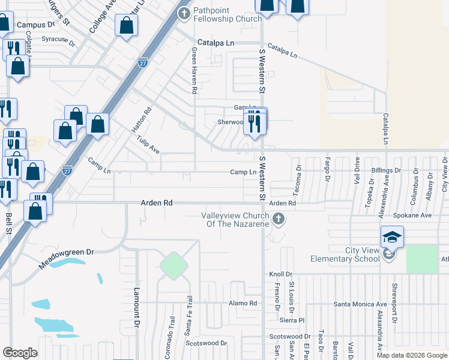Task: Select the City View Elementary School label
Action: pos(344,254)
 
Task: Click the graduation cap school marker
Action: pos(391,238)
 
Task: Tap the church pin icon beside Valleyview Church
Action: pos(278,220)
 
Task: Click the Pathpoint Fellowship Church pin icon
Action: pos(184,11)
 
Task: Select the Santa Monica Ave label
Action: pos(360,304)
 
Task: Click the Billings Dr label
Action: pos(385,171)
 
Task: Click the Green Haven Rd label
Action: pos(194,71)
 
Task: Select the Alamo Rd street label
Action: pos(243,303)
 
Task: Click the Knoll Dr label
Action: pos(280,274)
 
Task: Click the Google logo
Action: pos(20,353)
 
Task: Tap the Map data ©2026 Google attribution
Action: pos(411,355)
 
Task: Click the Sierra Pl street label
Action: pos(292,320)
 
